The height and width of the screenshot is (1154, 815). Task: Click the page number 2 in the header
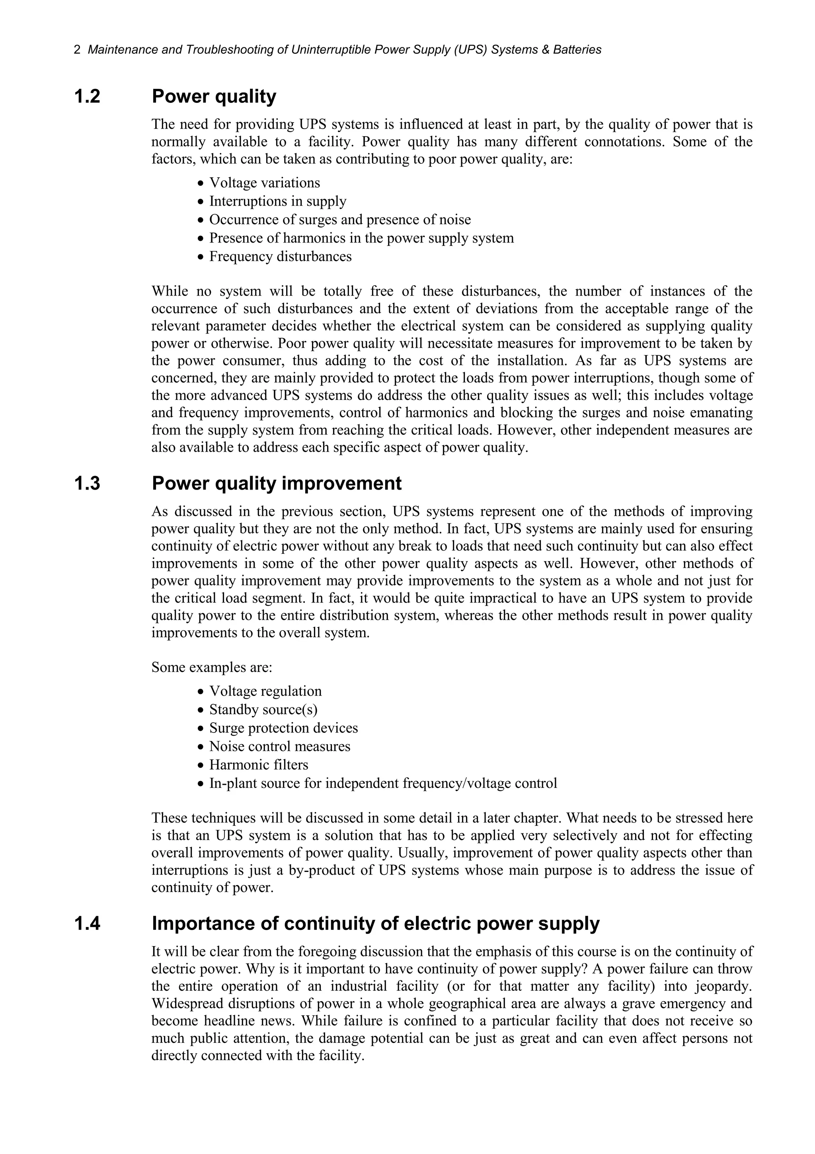[x=77, y=50]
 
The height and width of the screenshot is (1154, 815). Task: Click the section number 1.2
[x=88, y=96]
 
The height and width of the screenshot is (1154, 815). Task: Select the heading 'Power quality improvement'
[x=276, y=483]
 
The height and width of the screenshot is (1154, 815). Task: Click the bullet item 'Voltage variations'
[x=264, y=183]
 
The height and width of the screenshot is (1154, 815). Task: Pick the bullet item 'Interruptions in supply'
[x=277, y=201]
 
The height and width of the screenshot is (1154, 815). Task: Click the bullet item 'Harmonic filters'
[x=259, y=764]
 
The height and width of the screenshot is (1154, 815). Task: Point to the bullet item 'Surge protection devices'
[x=283, y=728]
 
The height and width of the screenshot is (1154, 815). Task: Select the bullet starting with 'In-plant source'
[x=383, y=783]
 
